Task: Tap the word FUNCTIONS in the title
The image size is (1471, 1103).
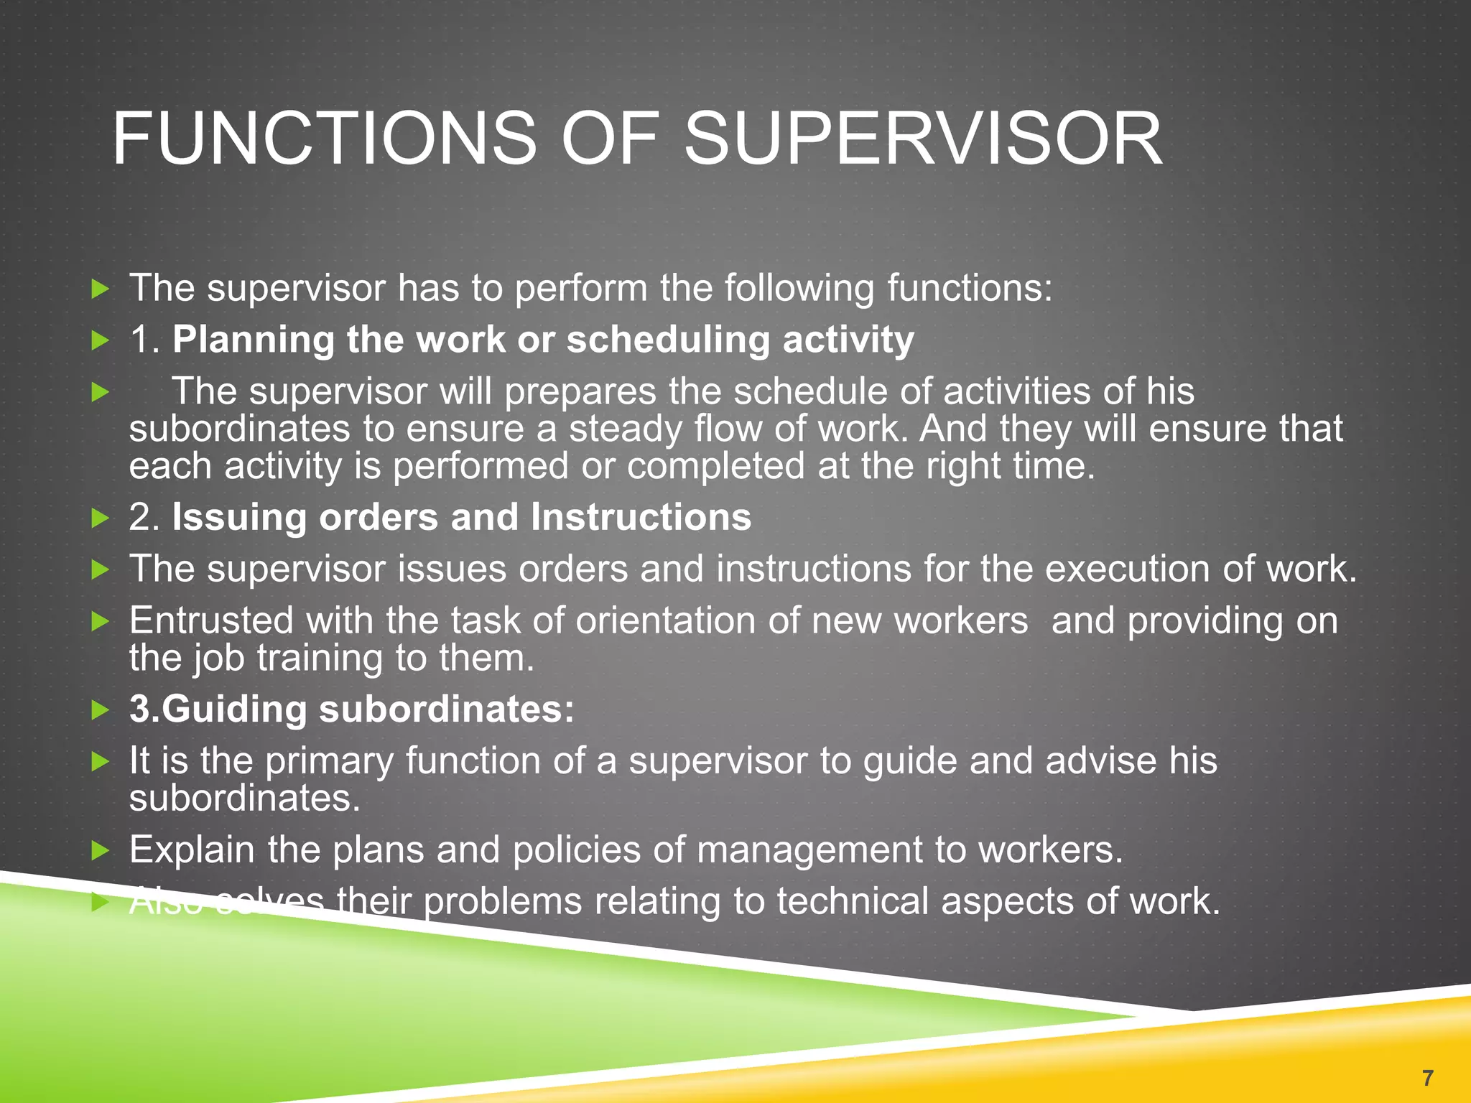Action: coord(324,139)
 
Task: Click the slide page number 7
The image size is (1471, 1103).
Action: coord(1427,1077)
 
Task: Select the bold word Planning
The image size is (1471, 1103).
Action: coord(253,340)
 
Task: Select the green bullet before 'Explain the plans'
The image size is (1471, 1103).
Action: coord(101,852)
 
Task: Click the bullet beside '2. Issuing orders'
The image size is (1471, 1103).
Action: coord(101,518)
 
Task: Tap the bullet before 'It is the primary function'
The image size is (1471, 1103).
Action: coord(101,762)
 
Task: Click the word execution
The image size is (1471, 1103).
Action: coord(1127,569)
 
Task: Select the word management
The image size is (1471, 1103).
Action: coord(809,850)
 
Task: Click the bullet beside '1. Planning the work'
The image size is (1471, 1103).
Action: coord(101,341)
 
